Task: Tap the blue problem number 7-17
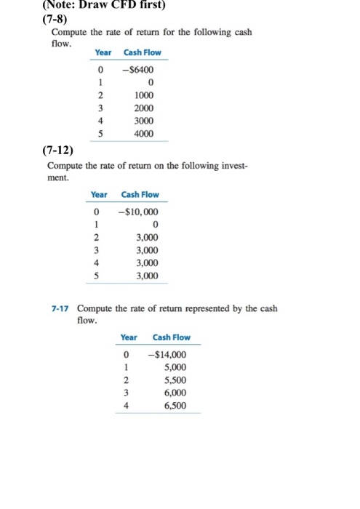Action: coord(60,309)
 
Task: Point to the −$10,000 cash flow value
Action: coord(138,212)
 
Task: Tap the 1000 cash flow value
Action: coord(144,95)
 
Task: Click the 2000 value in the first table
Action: coord(144,108)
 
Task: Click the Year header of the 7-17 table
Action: coord(128,337)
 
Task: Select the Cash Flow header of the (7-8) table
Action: coord(143,52)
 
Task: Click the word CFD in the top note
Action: coord(121,6)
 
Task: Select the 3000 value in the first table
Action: coord(144,121)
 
